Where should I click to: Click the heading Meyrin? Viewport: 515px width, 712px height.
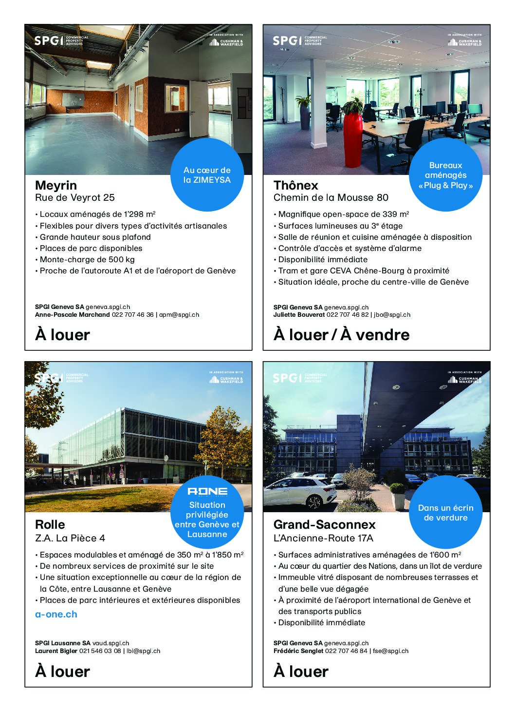pos(56,185)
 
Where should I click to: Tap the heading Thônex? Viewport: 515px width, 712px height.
pos(295,185)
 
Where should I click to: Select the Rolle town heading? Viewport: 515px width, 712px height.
pos(50,524)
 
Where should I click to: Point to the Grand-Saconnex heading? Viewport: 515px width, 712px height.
pos(324,524)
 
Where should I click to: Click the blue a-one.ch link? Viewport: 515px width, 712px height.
pos(56,614)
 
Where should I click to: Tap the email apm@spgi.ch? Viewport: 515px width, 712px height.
pos(179,315)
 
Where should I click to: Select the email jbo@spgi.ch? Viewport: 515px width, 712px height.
pos(392,315)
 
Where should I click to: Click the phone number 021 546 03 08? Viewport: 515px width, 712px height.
pos(103,651)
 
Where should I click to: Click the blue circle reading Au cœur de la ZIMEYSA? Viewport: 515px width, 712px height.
pos(207,175)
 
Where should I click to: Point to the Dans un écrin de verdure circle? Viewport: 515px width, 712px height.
pos(445,513)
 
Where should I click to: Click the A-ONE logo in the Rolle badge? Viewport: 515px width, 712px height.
pos(207,491)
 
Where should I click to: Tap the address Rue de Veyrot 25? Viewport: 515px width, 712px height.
pos(75,197)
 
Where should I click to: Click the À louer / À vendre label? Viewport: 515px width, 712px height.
pos(341,335)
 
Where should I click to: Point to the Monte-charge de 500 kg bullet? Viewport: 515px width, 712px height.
pos(87,259)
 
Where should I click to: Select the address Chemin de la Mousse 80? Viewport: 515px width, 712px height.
pos(331,197)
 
